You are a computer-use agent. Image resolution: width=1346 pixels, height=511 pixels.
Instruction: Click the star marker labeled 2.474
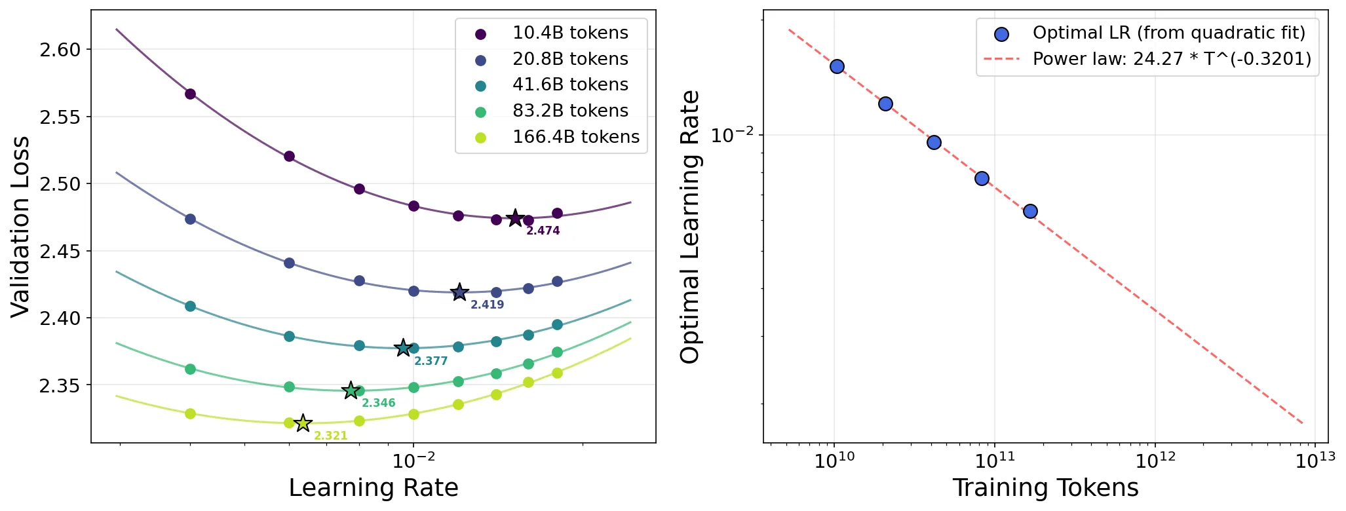coord(515,218)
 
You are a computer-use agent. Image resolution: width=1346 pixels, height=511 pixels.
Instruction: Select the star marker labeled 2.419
coord(459,292)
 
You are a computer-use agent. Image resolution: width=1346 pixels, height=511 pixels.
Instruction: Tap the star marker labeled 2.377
coord(403,348)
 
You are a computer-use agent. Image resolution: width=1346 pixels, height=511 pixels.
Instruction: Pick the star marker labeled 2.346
coord(351,390)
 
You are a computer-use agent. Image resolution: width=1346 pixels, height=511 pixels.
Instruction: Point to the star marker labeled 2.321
coord(303,423)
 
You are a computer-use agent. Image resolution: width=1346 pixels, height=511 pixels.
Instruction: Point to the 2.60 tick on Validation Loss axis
coord(60,50)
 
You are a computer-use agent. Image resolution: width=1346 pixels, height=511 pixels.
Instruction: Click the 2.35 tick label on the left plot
coord(60,385)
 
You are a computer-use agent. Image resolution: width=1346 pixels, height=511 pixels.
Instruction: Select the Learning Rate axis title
coord(374,488)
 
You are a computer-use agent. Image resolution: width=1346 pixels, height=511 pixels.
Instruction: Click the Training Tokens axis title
coord(1045,488)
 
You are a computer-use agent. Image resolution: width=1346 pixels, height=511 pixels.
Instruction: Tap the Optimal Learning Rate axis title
coord(690,227)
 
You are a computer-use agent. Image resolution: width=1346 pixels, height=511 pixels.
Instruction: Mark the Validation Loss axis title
coord(20,227)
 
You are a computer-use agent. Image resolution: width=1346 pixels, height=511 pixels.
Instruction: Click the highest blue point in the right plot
coord(837,66)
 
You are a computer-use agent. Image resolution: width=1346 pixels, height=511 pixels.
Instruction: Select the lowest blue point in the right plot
coord(1030,211)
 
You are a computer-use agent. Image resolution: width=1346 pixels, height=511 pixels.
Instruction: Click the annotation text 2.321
coord(331,436)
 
